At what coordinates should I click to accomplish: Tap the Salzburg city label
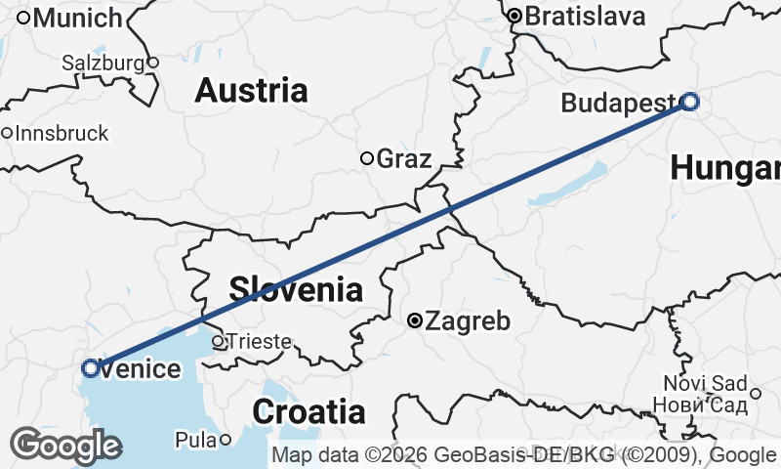(103, 63)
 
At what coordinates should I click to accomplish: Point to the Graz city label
(403, 158)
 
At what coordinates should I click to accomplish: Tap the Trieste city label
(259, 341)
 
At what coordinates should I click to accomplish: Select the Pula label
(195, 440)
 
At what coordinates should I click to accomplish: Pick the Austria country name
(251, 91)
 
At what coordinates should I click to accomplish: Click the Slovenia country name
(295, 289)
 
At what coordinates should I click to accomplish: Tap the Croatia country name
(308, 411)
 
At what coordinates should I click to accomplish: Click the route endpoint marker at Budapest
(690, 101)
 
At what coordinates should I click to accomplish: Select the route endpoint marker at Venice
(91, 368)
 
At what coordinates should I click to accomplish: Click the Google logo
(65, 445)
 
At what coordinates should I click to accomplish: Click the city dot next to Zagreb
(415, 320)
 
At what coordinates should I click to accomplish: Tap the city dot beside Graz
(367, 158)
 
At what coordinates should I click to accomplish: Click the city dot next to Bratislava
(514, 16)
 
